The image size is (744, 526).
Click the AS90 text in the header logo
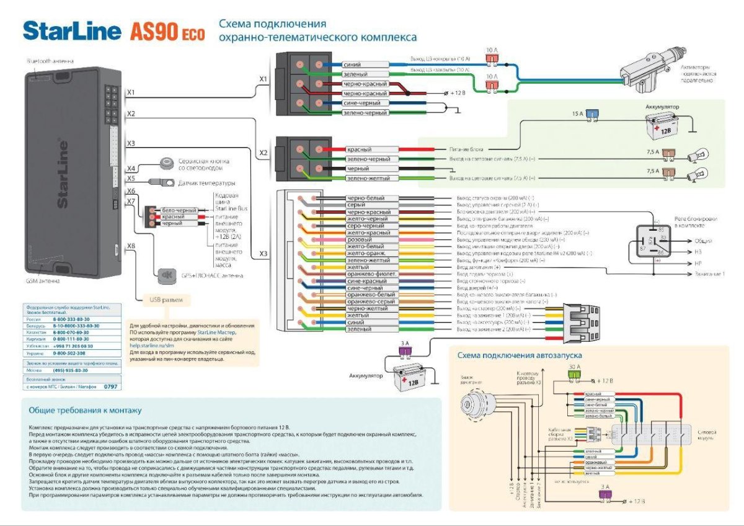coord(154,32)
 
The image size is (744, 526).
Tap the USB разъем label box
coord(166,300)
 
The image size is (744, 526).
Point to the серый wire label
coord(356,205)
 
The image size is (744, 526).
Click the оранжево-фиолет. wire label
coord(371,274)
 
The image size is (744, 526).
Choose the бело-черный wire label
coord(179,211)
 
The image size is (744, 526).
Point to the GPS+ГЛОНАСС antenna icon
coord(166,275)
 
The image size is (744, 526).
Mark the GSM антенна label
coord(43,281)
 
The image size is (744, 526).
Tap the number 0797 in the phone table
coord(110,386)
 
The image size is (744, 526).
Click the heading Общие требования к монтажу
coord(86,410)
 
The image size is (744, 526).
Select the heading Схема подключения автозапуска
coord(520,355)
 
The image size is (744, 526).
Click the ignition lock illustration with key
coord(476,403)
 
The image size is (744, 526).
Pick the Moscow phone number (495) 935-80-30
coord(71,370)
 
